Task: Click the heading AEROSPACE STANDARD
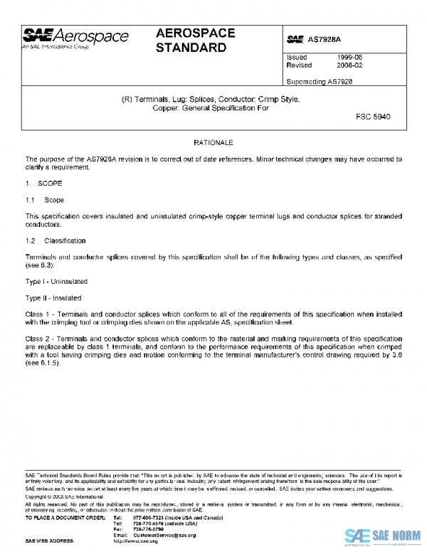coord(191,41)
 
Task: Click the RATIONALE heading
coord(213,144)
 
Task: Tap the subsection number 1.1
coord(30,201)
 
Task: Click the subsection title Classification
coord(65,241)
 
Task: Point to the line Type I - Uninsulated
coord(54,282)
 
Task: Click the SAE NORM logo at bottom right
coord(380,536)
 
